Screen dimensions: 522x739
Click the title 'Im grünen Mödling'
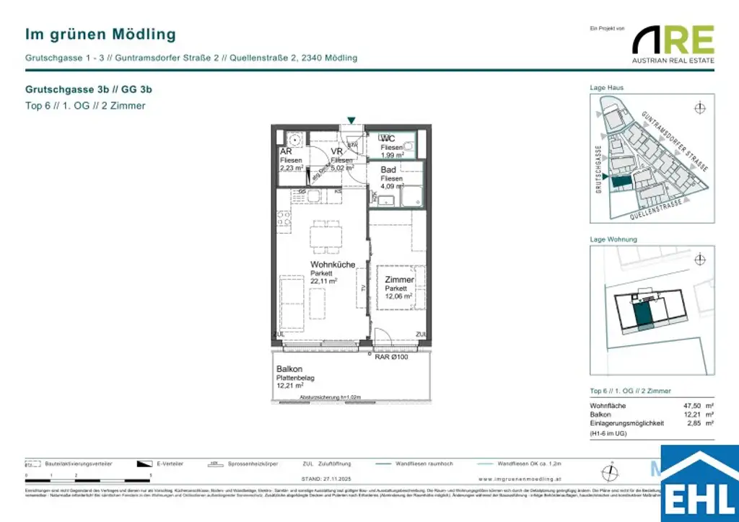point(100,34)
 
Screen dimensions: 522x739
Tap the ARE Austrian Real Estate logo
point(673,43)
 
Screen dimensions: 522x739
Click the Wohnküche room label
point(333,265)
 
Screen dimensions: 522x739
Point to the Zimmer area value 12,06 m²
point(398,296)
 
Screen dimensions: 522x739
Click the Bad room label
point(389,169)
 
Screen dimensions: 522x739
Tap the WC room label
point(388,138)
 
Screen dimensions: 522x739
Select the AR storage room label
point(286,151)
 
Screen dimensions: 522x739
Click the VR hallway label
point(336,151)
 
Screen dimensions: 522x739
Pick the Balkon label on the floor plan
point(289,368)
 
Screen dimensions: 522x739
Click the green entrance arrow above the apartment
point(351,120)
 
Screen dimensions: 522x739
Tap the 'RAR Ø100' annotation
point(390,357)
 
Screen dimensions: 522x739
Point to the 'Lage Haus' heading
point(607,87)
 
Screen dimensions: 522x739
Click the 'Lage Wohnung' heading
point(613,239)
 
